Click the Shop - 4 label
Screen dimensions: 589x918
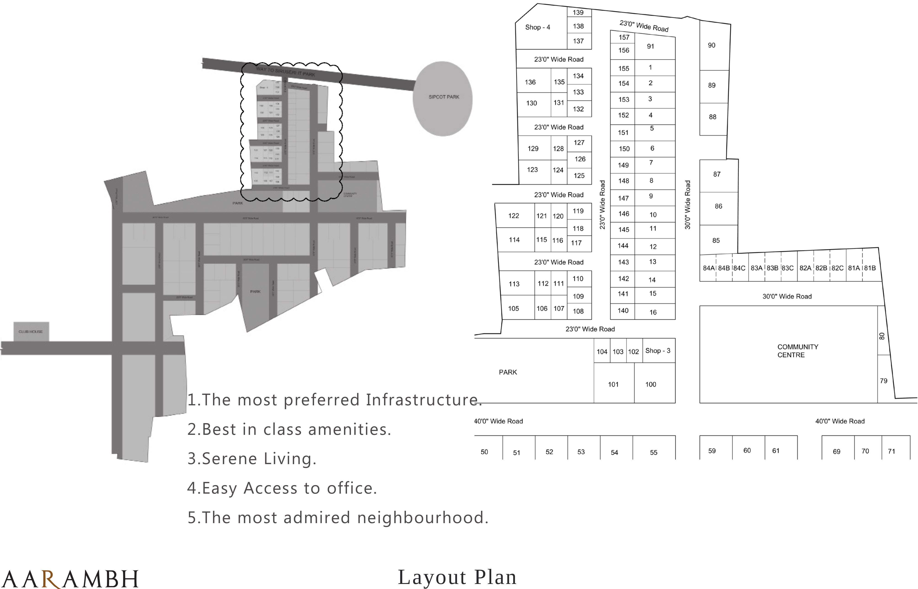tap(537, 27)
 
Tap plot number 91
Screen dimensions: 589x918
tap(651, 46)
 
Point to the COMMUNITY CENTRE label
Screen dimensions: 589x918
tap(797, 351)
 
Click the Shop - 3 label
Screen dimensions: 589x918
tap(658, 351)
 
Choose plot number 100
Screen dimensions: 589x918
tap(651, 384)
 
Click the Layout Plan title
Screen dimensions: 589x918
tap(457, 577)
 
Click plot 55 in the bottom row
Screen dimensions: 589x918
tap(654, 452)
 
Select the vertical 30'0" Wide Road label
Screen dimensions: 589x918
tap(688, 205)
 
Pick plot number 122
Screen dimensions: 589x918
tap(514, 216)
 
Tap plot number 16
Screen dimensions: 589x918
tap(653, 312)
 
